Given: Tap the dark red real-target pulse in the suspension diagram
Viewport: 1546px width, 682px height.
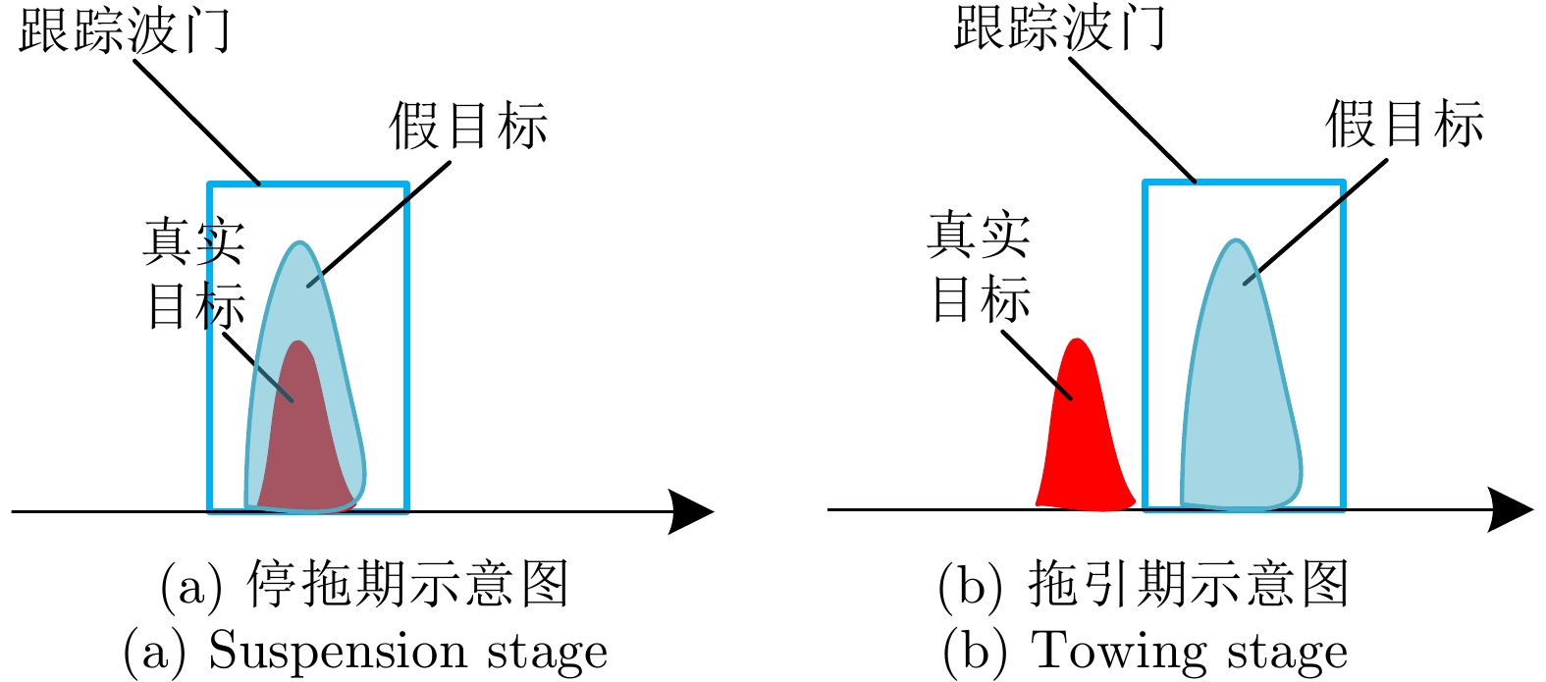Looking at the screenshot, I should (x=304, y=442).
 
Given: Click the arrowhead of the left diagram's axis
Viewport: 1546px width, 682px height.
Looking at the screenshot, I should (x=691, y=511).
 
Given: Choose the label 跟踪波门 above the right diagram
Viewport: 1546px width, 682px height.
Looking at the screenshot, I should (x=1060, y=27).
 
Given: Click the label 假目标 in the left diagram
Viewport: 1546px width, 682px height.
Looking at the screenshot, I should (x=468, y=127).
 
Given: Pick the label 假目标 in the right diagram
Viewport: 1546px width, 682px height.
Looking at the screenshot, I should (x=1405, y=125).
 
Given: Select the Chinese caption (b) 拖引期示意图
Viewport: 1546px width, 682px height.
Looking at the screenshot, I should (x=1144, y=585).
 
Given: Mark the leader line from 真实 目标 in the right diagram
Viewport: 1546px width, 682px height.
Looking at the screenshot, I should (x=1036, y=364).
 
